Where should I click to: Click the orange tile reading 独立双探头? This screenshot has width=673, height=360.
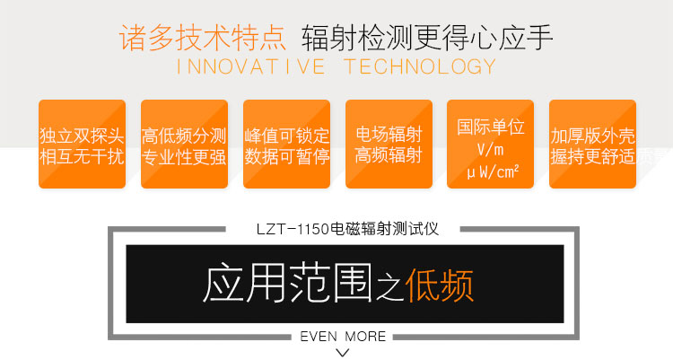click(82, 144)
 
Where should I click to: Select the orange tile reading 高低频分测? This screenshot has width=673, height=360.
click(184, 144)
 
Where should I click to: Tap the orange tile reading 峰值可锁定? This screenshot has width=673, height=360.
click(287, 144)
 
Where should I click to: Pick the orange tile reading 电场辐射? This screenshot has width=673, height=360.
click(389, 144)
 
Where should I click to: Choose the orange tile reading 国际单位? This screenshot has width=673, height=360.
click(491, 144)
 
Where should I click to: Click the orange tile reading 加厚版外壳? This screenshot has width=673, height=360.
click(593, 144)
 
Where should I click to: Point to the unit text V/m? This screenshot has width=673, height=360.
click(490, 150)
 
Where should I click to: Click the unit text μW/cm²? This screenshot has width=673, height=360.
click(493, 171)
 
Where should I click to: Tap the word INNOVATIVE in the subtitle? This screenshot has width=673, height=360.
click(250, 66)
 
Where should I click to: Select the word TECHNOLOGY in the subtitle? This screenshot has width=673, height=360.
click(420, 66)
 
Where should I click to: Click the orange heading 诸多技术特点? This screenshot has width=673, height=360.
click(203, 38)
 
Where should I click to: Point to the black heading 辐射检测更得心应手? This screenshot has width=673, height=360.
click(426, 38)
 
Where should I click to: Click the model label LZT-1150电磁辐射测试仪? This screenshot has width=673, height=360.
click(347, 229)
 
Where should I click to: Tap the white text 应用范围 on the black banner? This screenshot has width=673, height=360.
click(287, 283)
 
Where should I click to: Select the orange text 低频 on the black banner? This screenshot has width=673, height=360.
click(439, 285)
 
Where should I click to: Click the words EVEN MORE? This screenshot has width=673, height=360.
click(343, 336)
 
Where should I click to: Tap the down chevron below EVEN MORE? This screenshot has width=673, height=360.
click(342, 353)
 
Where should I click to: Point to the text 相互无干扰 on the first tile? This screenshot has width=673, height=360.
click(82, 155)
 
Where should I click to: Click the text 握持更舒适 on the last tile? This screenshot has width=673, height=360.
click(593, 156)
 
